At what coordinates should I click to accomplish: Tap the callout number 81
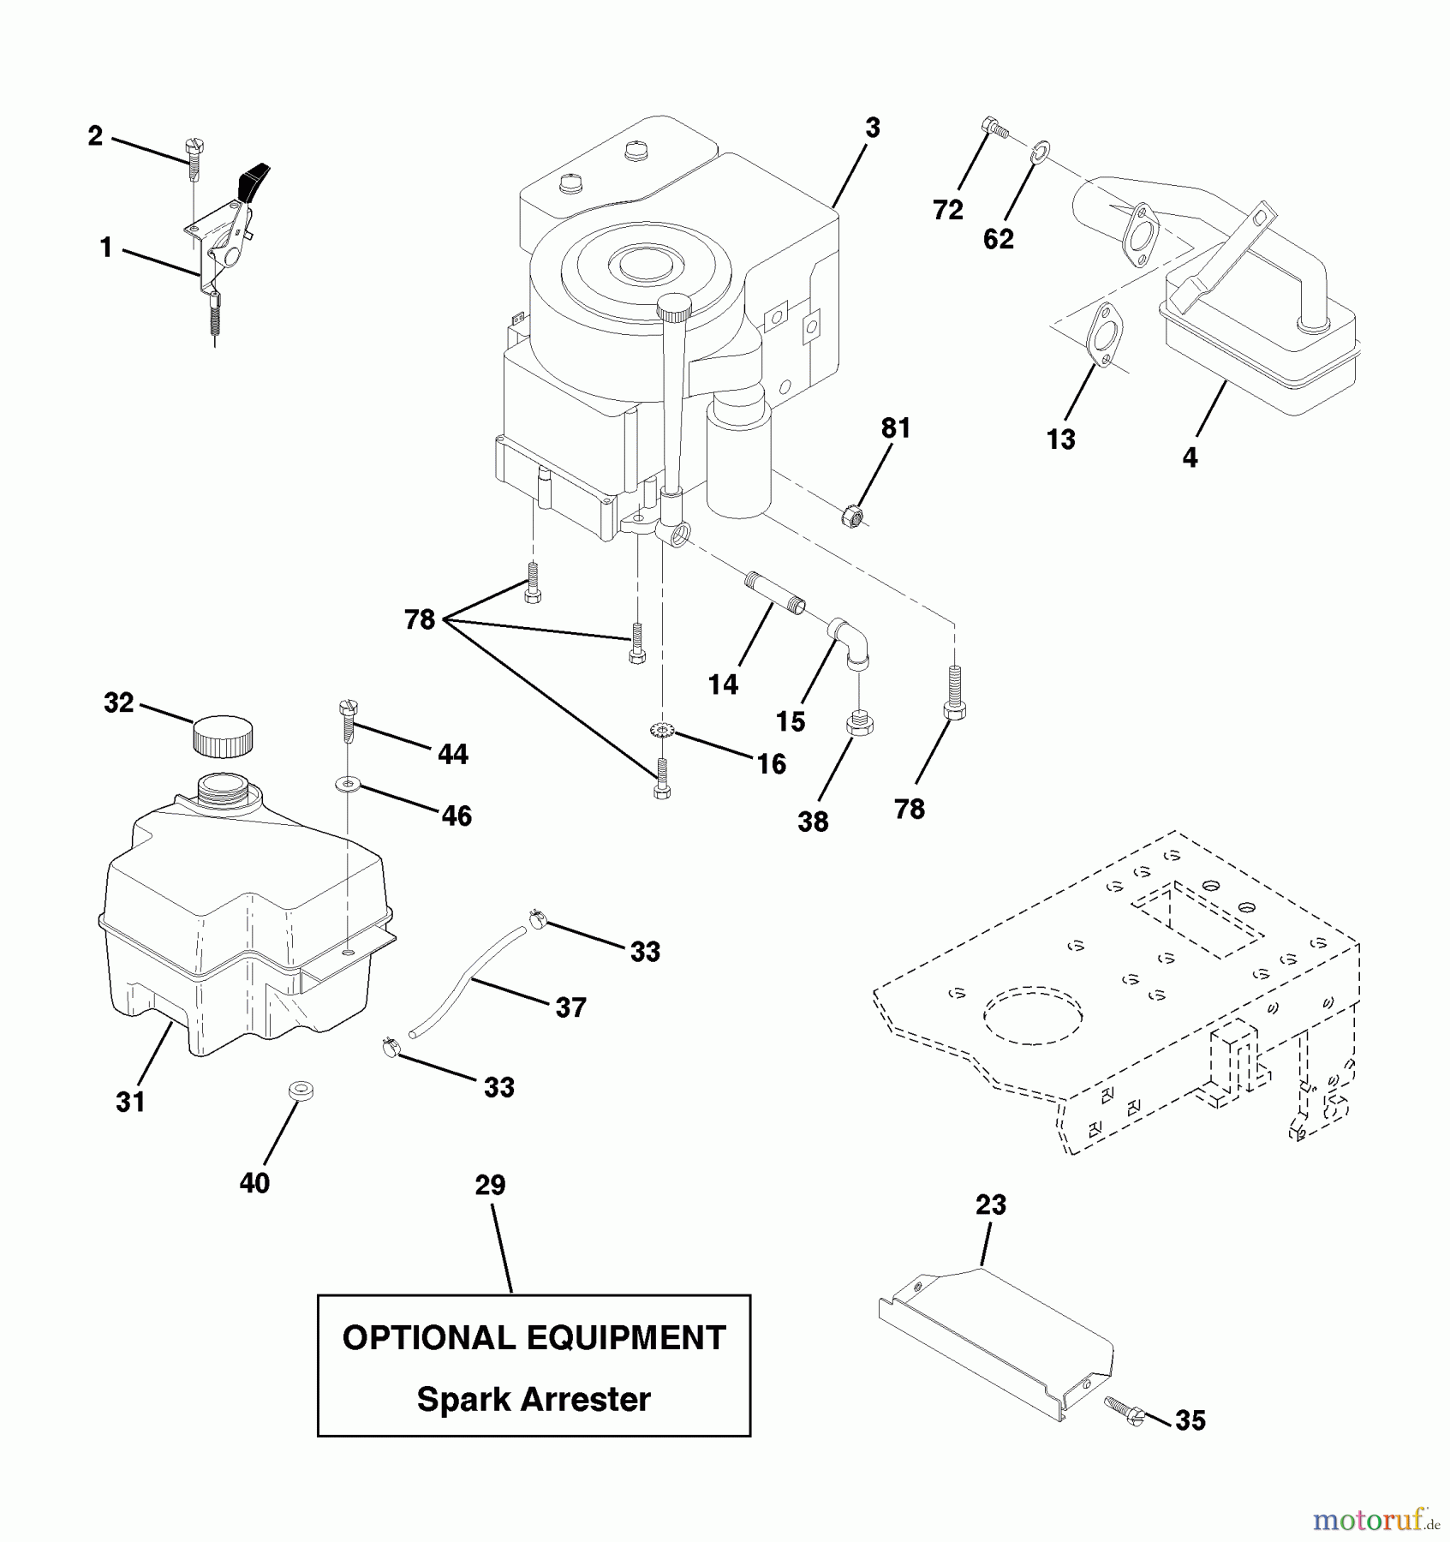(x=896, y=428)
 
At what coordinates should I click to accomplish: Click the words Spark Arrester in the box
(x=534, y=1399)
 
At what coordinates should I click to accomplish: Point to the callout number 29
(x=491, y=1186)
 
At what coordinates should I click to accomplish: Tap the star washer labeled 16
(x=662, y=731)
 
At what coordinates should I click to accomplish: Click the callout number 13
(x=1060, y=439)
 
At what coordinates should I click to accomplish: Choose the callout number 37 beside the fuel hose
(x=571, y=1007)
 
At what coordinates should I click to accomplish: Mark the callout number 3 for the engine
(x=872, y=128)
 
